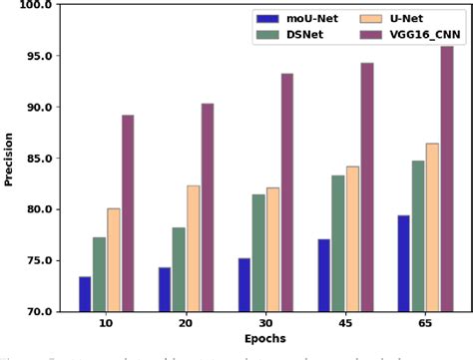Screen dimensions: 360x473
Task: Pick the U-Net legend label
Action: pyautogui.click(x=399, y=18)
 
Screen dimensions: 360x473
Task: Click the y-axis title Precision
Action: pyautogui.click(x=9, y=159)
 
